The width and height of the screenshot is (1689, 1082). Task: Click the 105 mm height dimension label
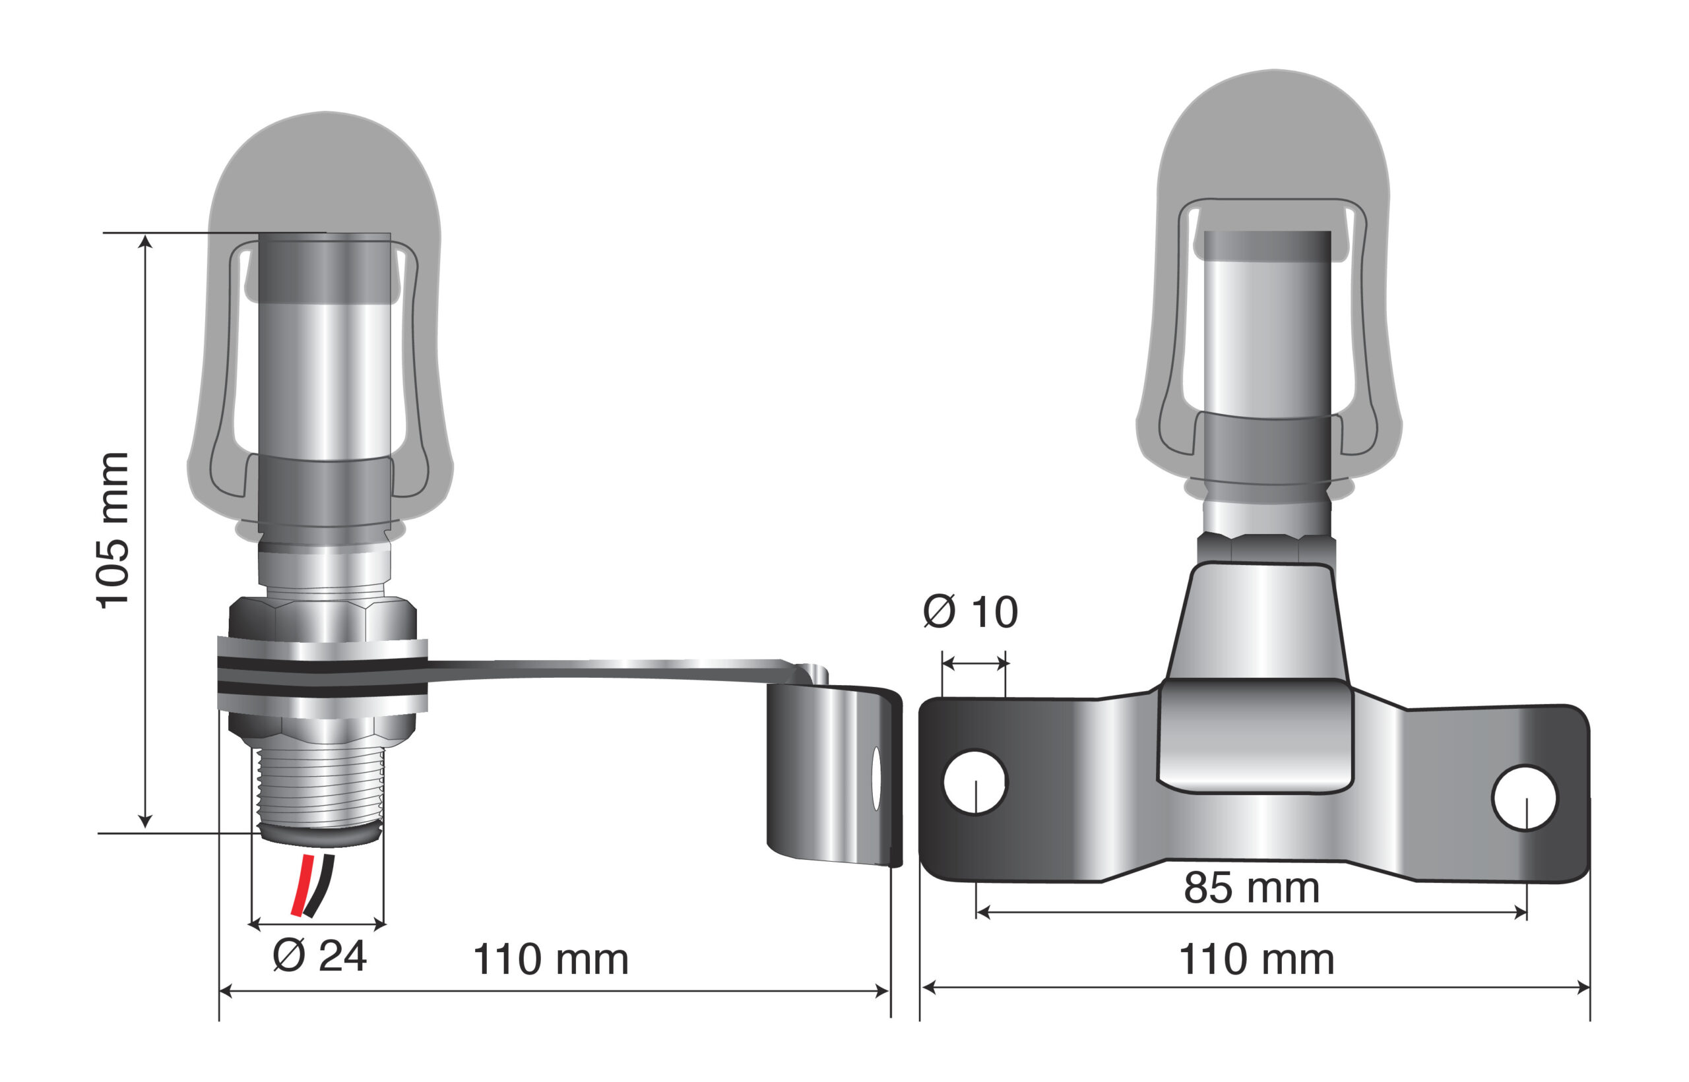[112, 531]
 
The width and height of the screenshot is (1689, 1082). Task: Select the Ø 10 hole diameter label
[971, 611]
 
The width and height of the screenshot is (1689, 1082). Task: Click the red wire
[302, 886]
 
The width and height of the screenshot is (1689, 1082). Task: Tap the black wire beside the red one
[320, 886]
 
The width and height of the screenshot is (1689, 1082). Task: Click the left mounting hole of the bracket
[976, 783]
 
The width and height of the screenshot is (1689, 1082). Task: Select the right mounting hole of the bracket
[1525, 797]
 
